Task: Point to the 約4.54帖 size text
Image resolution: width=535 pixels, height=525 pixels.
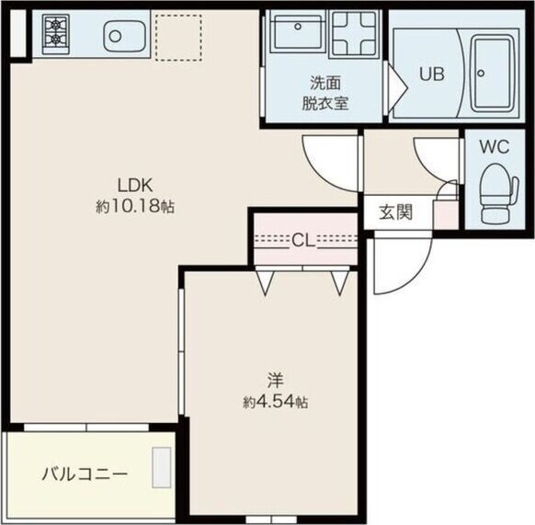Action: (275, 402)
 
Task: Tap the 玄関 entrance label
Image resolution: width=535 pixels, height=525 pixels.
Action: (395, 212)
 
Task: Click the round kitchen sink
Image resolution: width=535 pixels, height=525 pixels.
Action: (116, 38)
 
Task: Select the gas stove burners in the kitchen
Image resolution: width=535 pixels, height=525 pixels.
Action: (55, 33)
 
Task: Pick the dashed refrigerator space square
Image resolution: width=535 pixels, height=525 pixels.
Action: (177, 35)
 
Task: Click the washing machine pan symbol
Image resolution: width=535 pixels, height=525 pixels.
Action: (352, 36)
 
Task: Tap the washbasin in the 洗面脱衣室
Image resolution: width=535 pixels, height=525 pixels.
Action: (295, 35)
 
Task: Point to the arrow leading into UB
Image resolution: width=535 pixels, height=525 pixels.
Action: (395, 86)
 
